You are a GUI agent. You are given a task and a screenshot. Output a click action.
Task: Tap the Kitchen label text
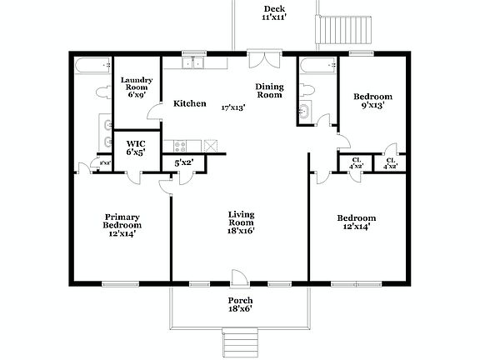pos(189,104)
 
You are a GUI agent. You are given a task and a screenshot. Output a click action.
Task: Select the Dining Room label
pos(269,91)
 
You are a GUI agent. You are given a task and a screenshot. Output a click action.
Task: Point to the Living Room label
pos(241,222)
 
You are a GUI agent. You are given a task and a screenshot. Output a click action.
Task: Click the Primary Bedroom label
pos(122,225)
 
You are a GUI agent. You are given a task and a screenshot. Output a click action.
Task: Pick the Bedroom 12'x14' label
pos(356,222)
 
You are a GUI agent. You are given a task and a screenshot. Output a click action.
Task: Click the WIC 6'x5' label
pos(135,147)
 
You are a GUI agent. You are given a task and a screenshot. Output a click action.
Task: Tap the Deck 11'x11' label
pos(273,12)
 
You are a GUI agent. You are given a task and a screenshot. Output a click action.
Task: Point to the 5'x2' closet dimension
pos(182,162)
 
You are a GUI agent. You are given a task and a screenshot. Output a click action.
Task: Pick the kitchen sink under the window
pos(194,63)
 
